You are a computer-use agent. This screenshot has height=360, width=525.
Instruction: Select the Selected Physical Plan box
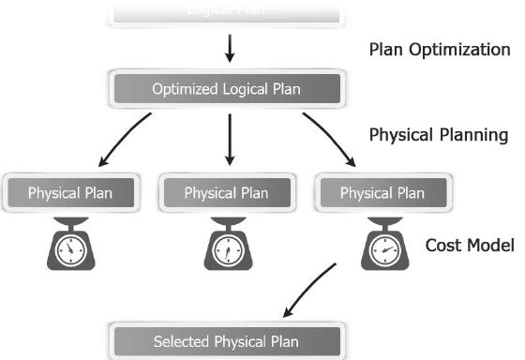pyautogui.click(x=226, y=341)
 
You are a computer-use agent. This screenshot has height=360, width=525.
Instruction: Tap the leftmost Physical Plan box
pyautogui.click(x=70, y=193)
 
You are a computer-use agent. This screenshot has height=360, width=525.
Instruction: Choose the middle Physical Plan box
pyautogui.click(x=226, y=193)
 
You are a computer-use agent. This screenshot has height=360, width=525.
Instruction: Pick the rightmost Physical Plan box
pyautogui.click(x=382, y=193)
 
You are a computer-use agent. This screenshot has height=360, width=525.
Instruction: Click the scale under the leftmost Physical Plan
pyautogui.click(x=70, y=246)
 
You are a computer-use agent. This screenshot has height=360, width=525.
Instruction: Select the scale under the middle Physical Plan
pyautogui.click(x=226, y=246)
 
